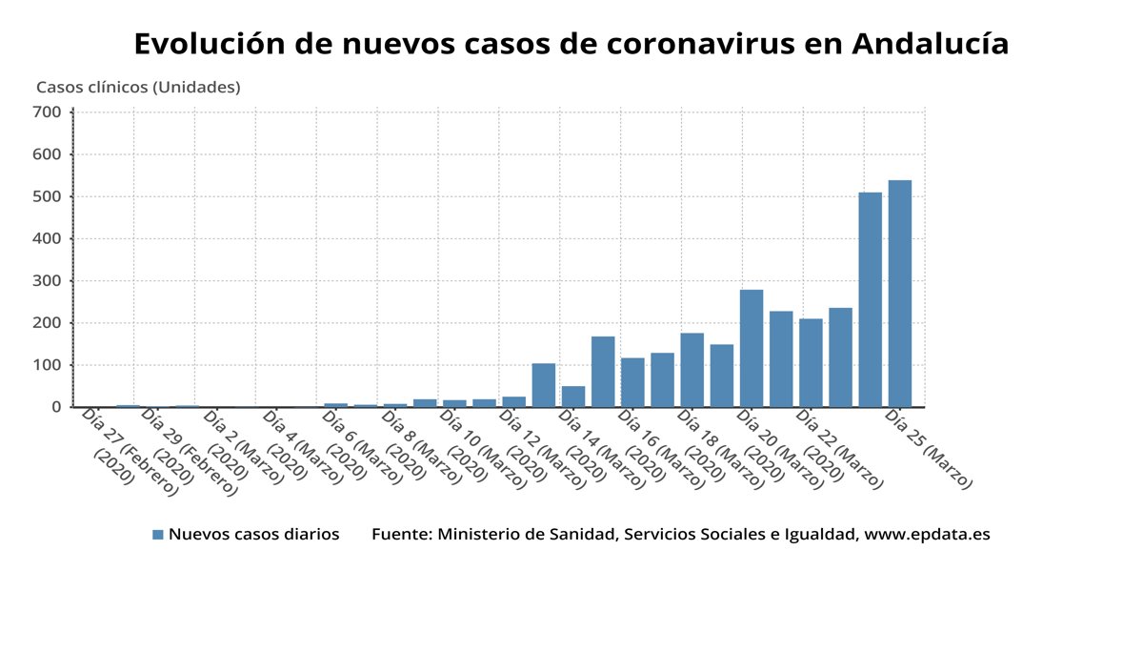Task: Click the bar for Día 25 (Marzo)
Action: (899, 294)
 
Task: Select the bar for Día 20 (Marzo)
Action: (751, 348)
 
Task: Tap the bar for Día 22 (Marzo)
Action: (811, 362)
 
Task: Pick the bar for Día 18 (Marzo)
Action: (692, 370)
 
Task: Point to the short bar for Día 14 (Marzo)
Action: (572, 397)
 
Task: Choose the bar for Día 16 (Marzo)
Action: (632, 382)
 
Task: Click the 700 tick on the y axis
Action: (48, 112)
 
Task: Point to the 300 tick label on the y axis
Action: (48, 281)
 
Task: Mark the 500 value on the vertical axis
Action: (48, 196)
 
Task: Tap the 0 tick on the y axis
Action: (55, 407)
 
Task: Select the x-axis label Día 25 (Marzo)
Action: (928, 448)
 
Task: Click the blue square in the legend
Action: (158, 535)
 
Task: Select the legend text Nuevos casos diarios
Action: (253, 535)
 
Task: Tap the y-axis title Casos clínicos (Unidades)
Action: (138, 87)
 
